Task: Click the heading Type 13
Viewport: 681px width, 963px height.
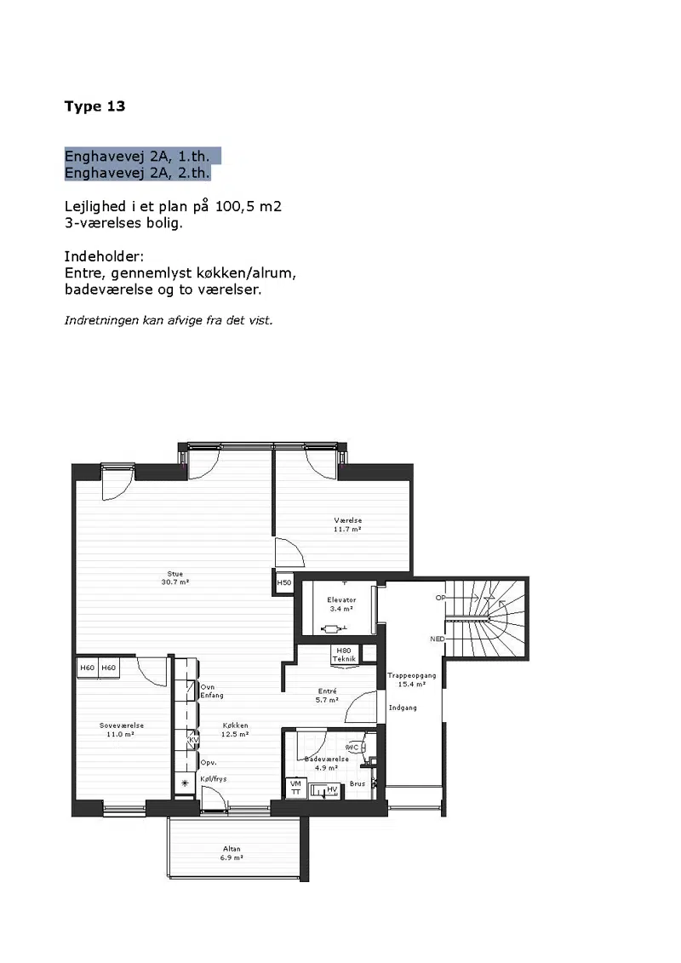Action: (x=94, y=106)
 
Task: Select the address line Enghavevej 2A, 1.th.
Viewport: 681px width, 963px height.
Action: (x=137, y=156)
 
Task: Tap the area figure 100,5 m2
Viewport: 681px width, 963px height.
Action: (x=248, y=206)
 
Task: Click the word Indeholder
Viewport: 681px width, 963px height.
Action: (x=104, y=256)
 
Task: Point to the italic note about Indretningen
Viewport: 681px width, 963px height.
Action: (x=169, y=320)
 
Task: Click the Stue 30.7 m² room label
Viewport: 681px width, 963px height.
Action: (x=175, y=578)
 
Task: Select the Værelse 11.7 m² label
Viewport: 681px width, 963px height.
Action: (x=347, y=524)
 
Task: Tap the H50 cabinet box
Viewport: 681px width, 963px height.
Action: (x=284, y=582)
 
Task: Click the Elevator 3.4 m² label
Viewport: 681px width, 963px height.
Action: (x=341, y=605)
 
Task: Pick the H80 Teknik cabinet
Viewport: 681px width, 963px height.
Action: (x=344, y=655)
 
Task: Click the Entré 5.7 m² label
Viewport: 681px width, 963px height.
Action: (x=327, y=696)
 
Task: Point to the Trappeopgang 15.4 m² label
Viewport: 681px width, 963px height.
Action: (x=411, y=679)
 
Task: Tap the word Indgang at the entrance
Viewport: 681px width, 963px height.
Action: (x=403, y=708)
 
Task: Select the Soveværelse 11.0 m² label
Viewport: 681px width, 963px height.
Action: (x=122, y=730)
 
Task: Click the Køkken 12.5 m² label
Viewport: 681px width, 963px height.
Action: (x=235, y=730)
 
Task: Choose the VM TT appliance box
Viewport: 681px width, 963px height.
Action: (x=296, y=788)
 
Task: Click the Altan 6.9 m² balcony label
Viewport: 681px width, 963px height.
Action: (x=232, y=853)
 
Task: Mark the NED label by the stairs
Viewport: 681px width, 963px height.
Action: (x=438, y=639)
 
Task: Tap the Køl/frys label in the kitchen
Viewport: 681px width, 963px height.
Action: (x=214, y=779)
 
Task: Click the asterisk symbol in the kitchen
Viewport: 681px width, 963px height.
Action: (x=185, y=783)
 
